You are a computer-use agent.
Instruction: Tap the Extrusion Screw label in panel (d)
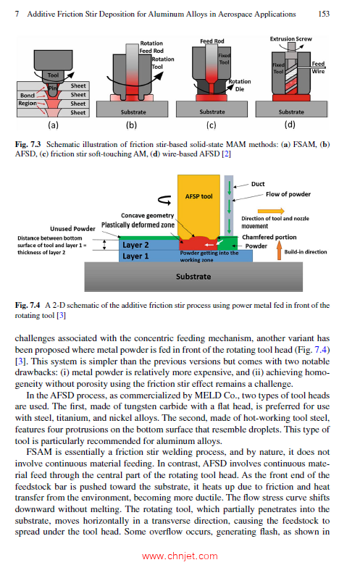[x=292, y=38]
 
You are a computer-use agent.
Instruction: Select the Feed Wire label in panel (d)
[x=318, y=67]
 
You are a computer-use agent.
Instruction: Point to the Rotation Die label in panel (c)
[x=239, y=85]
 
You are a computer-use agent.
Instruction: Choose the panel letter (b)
[x=132, y=124]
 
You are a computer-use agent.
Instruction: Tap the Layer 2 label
[x=135, y=245]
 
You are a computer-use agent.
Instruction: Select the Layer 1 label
[x=135, y=256]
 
